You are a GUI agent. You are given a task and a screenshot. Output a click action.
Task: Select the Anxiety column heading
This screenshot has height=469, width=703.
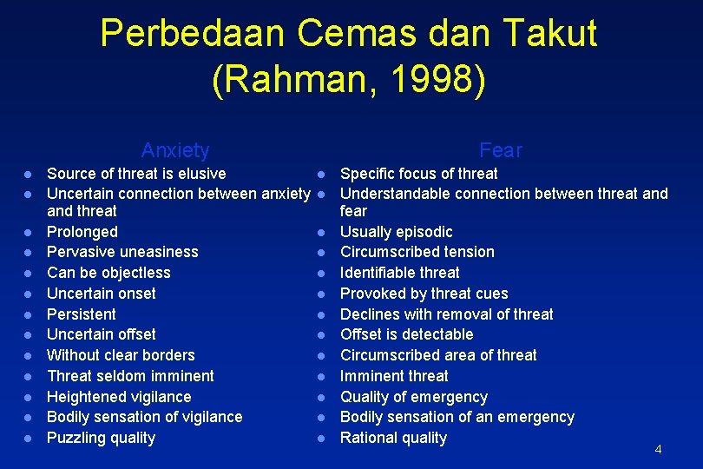pos(175,150)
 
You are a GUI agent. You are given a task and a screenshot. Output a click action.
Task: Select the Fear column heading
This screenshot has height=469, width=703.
pos(501,150)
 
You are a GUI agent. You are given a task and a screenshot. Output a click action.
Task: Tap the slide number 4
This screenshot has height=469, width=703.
pos(658,449)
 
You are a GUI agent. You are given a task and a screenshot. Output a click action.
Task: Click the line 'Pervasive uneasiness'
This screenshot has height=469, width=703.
pos(122,252)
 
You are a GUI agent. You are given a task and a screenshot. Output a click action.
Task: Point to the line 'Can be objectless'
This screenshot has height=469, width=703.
pos(108,273)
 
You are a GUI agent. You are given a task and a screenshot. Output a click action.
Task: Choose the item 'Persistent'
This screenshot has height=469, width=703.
pos(81,314)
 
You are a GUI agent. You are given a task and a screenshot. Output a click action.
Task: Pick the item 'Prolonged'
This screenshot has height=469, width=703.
pos(82,232)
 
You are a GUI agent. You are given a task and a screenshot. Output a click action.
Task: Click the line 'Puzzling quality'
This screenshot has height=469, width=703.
pos(101,438)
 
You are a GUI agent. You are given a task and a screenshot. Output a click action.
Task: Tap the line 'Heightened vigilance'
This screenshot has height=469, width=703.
pos(119,397)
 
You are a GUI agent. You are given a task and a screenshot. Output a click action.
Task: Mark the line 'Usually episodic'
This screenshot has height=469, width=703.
pos(396,232)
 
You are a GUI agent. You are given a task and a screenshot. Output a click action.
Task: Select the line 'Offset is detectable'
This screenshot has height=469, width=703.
pos(406,334)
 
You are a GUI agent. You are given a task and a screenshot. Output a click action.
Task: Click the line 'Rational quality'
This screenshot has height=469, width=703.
pos(393,438)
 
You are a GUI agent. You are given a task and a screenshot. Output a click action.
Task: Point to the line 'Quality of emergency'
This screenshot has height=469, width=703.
pos(413,397)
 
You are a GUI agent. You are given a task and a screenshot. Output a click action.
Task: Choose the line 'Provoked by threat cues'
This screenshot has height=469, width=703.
pos(424,294)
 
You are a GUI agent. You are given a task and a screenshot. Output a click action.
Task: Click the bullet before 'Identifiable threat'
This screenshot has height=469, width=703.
pos(321,274)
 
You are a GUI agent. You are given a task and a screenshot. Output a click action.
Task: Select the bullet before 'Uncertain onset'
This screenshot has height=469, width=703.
pos(28,294)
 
